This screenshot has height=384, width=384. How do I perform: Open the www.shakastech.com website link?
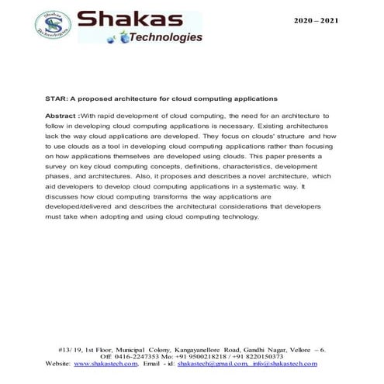103,363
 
